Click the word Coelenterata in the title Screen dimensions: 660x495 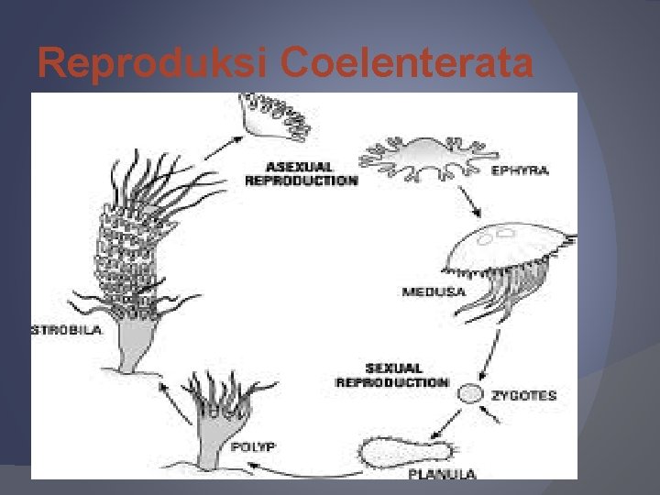pyautogui.click(x=407, y=62)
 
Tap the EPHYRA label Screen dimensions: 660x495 pyautogui.click(x=520, y=170)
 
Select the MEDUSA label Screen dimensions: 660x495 pyautogui.click(x=433, y=292)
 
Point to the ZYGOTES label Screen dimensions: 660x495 pyautogui.click(x=523, y=396)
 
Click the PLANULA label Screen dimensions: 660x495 pyautogui.click(x=441, y=473)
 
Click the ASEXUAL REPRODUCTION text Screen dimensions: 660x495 pyautogui.click(x=300, y=174)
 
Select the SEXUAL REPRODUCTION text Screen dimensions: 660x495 pyautogui.click(x=391, y=376)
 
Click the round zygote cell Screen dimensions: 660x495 pyautogui.click(x=470, y=394)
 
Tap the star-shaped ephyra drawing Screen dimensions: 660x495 pyautogui.click(x=423, y=157)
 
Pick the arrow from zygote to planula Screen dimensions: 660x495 pyautogui.click(x=447, y=423)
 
